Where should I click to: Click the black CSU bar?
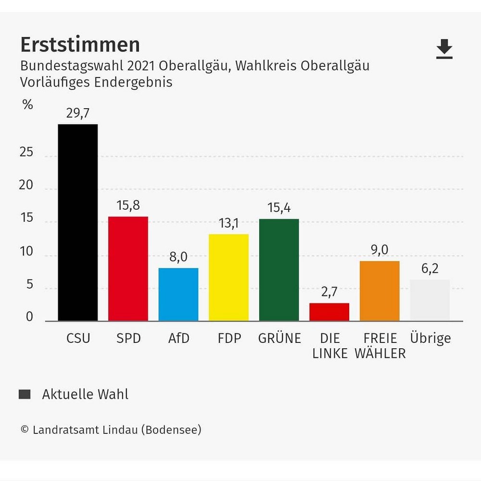point(78,222)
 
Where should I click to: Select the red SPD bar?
point(128,268)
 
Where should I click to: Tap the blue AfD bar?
point(178,294)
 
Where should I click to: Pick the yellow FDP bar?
point(228,278)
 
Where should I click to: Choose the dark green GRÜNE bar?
point(279,270)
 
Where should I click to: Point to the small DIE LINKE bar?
point(329,312)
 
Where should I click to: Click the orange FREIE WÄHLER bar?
point(380,291)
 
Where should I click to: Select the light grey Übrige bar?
point(430,300)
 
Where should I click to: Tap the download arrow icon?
point(444,49)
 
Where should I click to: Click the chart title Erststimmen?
point(80,45)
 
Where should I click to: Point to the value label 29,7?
point(78,114)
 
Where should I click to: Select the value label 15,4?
point(279,208)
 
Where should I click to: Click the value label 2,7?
point(329,292)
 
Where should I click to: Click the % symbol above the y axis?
point(28,104)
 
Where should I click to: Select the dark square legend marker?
point(25,394)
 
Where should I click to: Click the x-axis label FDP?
point(228,338)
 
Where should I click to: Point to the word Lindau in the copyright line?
point(120,430)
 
